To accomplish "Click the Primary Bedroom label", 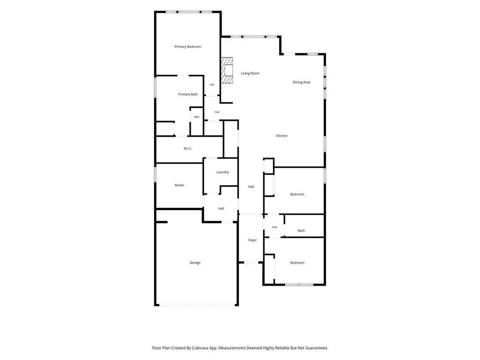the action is (187, 47).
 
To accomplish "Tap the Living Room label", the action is (250, 74).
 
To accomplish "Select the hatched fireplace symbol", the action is (227, 70).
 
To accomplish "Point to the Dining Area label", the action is (301, 82).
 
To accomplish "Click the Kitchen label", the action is (282, 135).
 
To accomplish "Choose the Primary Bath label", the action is (188, 94).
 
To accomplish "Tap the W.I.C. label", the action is (187, 149).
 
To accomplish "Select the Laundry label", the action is (223, 172).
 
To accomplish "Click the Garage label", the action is (195, 262).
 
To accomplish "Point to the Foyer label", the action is (253, 240).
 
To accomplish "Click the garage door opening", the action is (197, 305).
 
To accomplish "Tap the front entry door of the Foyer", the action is (251, 262).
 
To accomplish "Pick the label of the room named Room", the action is (180, 185).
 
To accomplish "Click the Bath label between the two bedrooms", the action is (301, 231).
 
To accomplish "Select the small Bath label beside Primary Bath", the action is (196, 117).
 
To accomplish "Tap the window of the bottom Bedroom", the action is (299, 285).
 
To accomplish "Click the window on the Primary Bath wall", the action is (155, 88).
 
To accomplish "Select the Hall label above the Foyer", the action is (251, 187).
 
